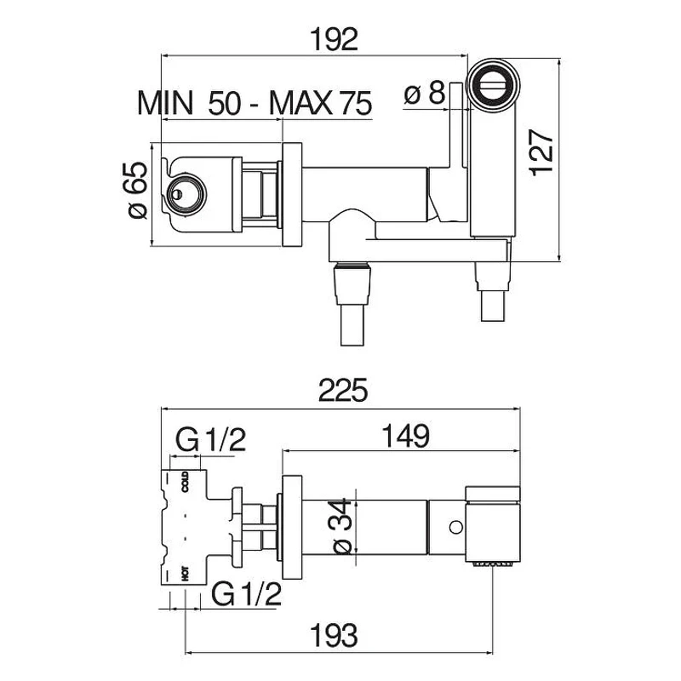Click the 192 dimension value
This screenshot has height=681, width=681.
(x=334, y=39)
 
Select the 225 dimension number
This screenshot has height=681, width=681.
(x=343, y=390)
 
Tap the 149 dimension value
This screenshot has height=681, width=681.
(x=406, y=436)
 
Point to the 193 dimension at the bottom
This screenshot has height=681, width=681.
(x=334, y=635)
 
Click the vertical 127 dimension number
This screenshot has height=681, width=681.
(x=542, y=153)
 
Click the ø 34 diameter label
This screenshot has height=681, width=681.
(x=342, y=526)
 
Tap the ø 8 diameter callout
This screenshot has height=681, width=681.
(x=424, y=94)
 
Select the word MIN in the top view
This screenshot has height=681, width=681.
(x=165, y=103)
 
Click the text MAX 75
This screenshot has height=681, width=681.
(x=321, y=103)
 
